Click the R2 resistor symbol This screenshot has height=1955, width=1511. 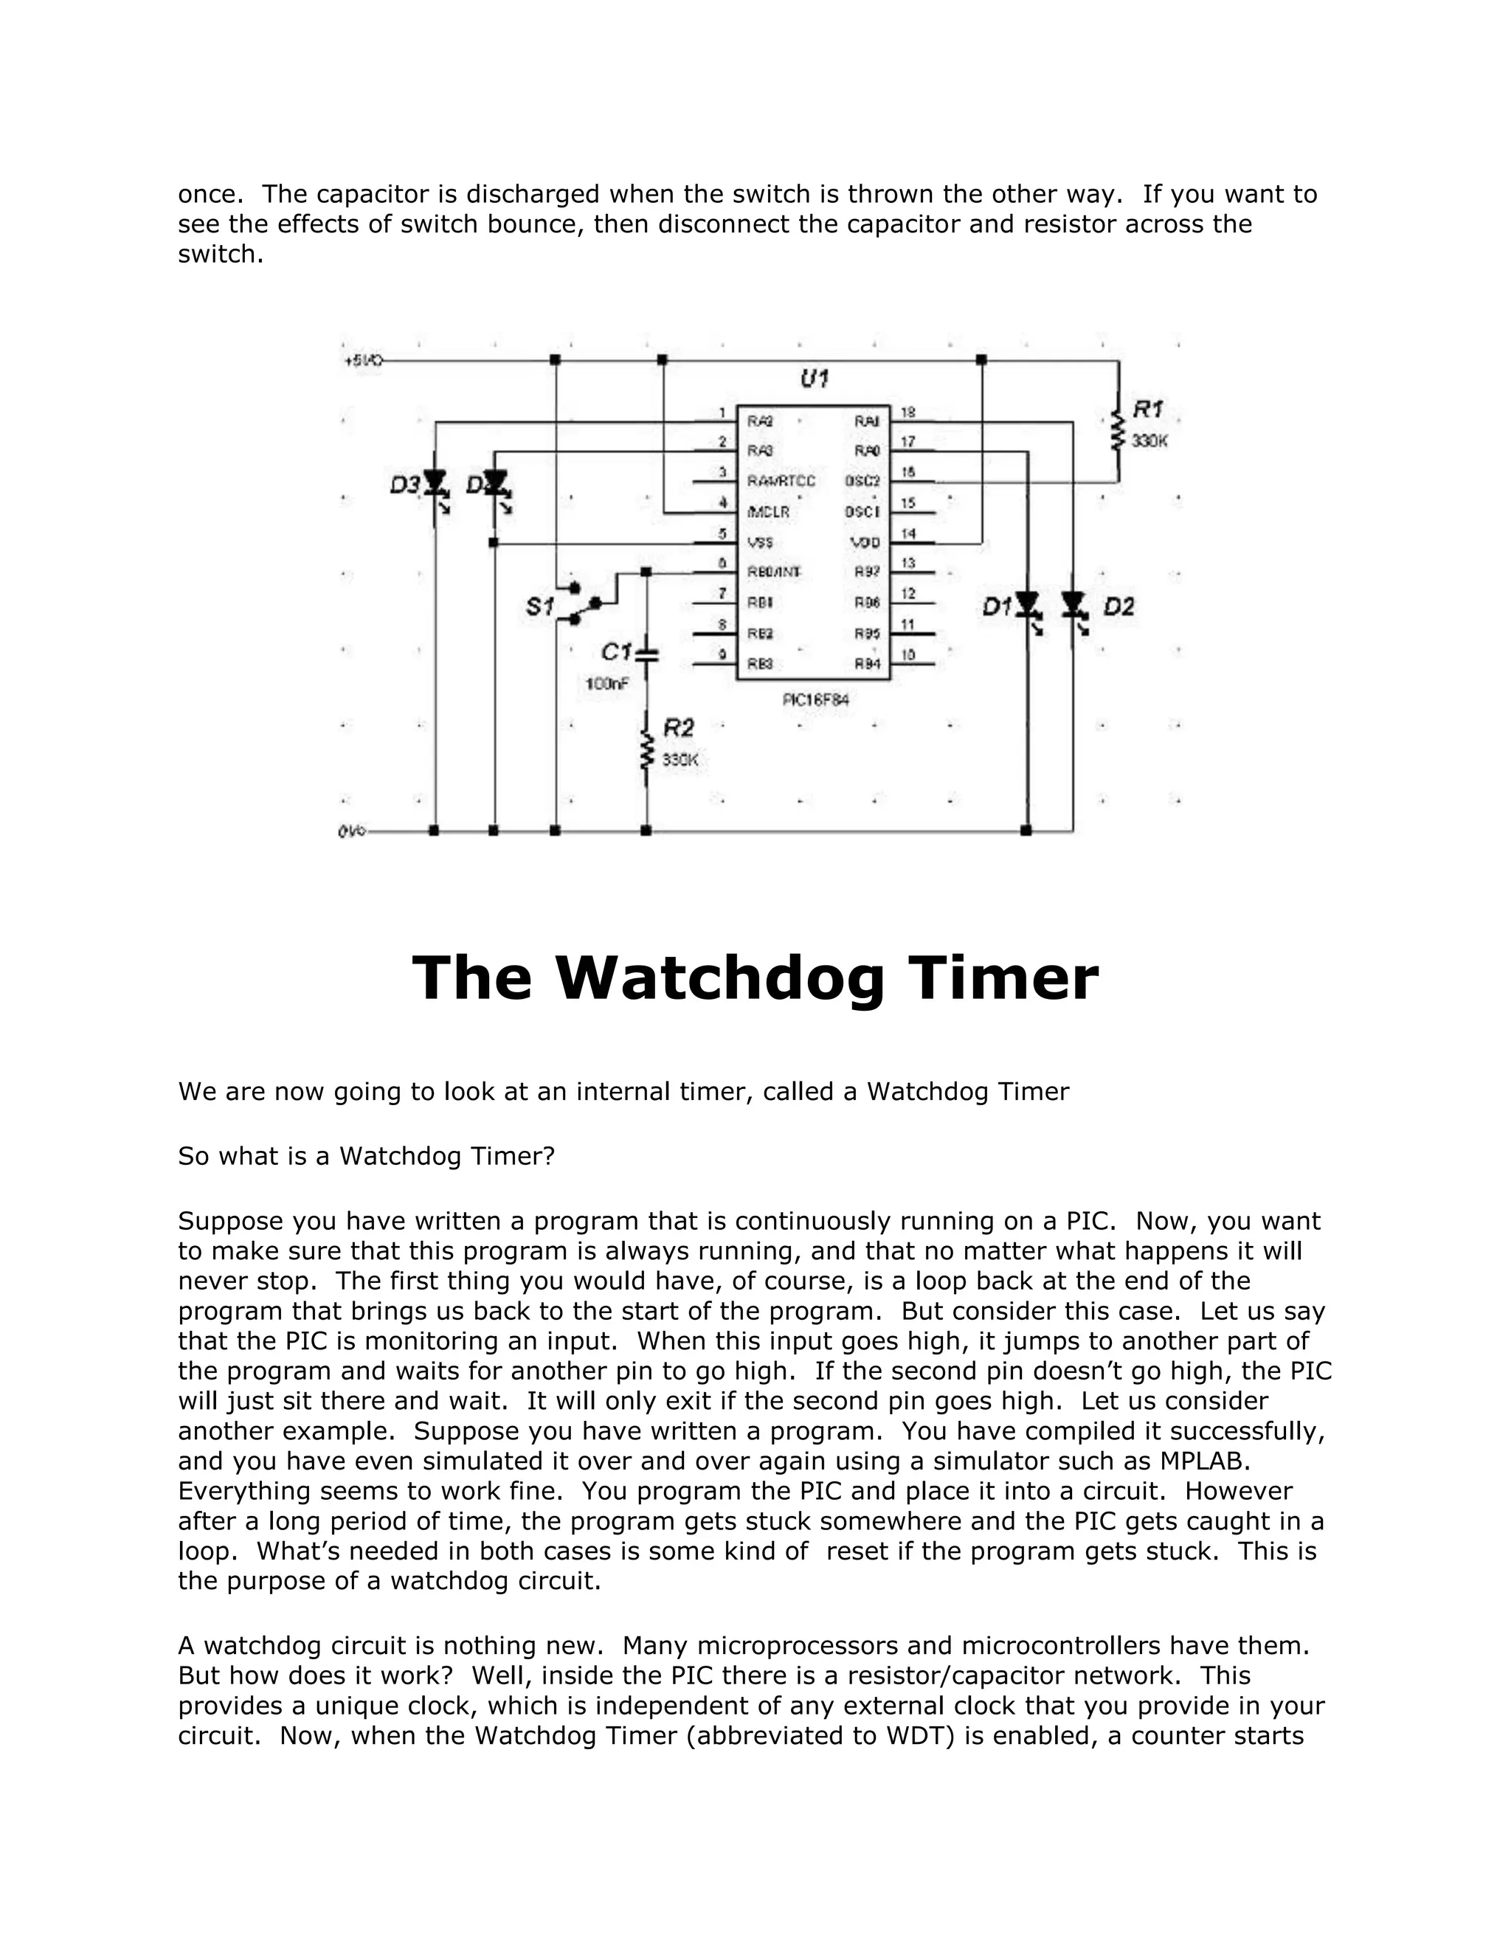(x=646, y=750)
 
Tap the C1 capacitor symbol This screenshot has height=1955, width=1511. (x=646, y=654)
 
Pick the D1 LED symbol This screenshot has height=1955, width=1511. (x=1027, y=606)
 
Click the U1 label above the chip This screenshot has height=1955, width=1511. (x=814, y=378)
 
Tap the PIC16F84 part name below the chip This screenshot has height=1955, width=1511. (x=815, y=699)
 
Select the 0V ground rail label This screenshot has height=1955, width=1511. (x=352, y=831)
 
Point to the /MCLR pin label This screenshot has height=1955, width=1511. (x=769, y=512)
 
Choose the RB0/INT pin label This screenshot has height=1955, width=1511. (x=774, y=572)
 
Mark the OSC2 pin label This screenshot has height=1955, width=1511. (x=863, y=482)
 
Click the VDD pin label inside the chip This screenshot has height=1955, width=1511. (x=865, y=542)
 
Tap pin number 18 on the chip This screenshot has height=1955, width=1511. (x=907, y=412)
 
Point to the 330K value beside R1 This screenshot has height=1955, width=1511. (x=1149, y=441)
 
